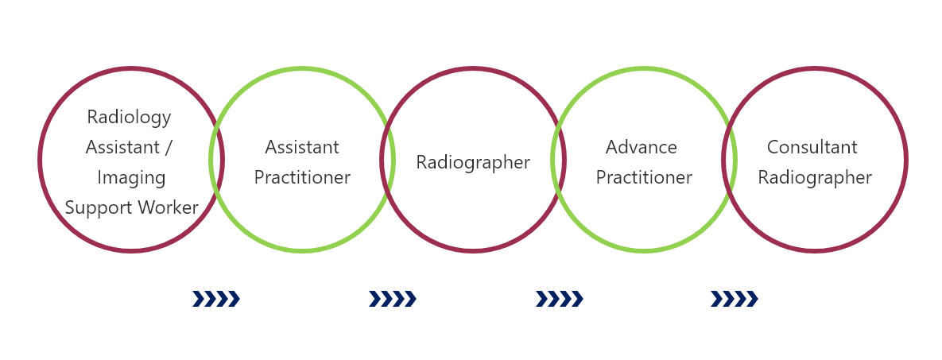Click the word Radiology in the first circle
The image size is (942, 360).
[x=129, y=117]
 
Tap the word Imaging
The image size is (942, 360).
[x=131, y=178]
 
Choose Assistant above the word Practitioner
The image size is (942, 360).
[x=302, y=147]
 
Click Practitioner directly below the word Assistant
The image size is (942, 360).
[x=302, y=178]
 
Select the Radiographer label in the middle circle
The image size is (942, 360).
[x=474, y=163]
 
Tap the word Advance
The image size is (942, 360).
[x=642, y=147]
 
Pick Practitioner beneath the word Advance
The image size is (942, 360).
[x=644, y=178]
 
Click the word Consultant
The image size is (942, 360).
[x=812, y=147]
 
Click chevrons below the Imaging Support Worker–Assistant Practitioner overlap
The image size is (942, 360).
[x=216, y=299]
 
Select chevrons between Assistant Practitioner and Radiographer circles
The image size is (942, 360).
[x=392, y=299]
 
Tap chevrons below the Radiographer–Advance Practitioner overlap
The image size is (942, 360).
[x=560, y=299]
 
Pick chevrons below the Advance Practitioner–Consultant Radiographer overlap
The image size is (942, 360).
[x=735, y=299]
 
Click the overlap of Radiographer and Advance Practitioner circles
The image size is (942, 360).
[x=558, y=160]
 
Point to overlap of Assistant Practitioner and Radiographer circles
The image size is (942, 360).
[x=387, y=160]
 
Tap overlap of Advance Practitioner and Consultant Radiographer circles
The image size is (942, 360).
[x=729, y=160]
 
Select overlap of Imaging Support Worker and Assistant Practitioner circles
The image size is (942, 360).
[x=217, y=160]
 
